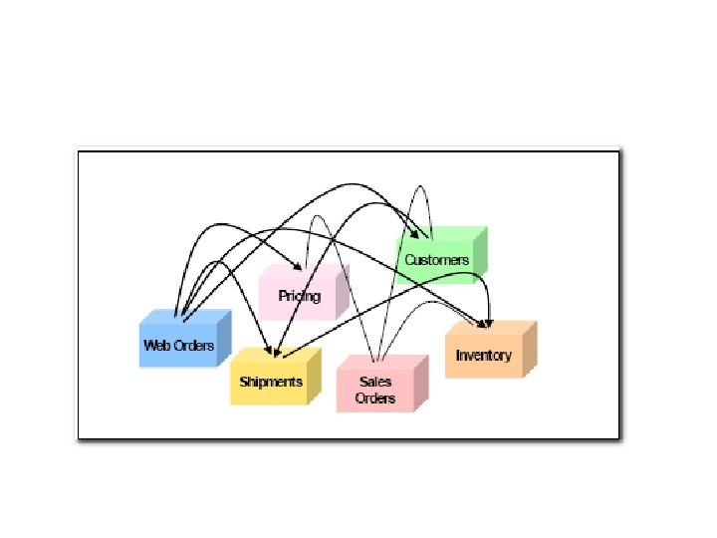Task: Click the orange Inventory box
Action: click(x=483, y=356)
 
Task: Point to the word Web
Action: click(x=157, y=346)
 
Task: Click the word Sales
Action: click(x=375, y=382)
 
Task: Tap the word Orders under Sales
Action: click(x=375, y=399)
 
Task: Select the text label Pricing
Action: click(x=300, y=296)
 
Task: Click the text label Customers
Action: click(x=436, y=260)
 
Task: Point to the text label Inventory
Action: click(x=484, y=356)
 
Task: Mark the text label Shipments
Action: click(x=271, y=382)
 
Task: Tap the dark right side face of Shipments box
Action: click(x=315, y=377)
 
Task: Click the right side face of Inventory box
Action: click(x=530, y=349)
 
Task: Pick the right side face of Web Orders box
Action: click(x=224, y=338)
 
